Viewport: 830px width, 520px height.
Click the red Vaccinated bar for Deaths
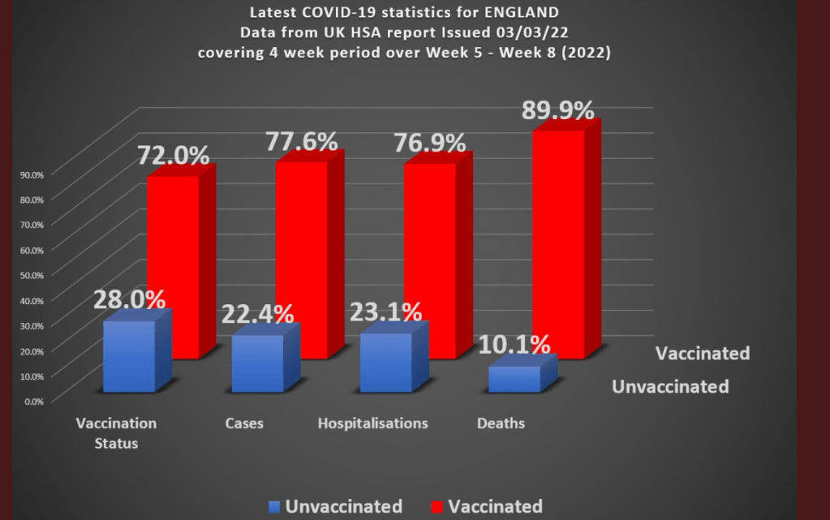pyautogui.click(x=558, y=243)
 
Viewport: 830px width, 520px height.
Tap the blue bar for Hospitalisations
pyautogui.click(x=385, y=363)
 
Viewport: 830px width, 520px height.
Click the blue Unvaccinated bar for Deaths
pyautogui.click(x=514, y=379)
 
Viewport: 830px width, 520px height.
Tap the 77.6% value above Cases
pyautogui.click(x=302, y=142)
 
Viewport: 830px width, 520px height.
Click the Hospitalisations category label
pyautogui.click(x=372, y=423)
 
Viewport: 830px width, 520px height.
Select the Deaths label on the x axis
pyautogui.click(x=501, y=423)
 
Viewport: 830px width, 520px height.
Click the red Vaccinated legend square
pyautogui.click(x=434, y=507)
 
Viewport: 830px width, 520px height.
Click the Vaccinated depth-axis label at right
pyautogui.click(x=703, y=354)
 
